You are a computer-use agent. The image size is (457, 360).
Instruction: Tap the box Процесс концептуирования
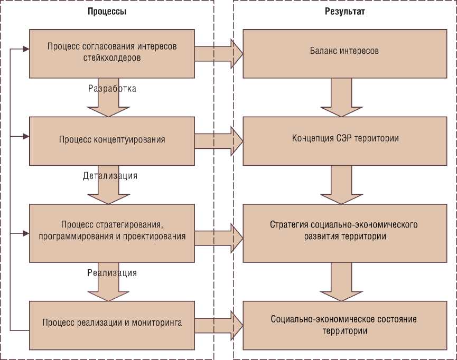click(111, 140)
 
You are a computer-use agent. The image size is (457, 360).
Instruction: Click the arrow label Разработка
click(112, 89)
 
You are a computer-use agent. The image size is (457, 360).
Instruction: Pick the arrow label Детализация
click(110, 176)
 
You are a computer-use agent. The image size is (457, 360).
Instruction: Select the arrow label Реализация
click(112, 273)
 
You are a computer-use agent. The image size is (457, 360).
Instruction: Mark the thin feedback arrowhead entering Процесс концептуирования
click(25, 137)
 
